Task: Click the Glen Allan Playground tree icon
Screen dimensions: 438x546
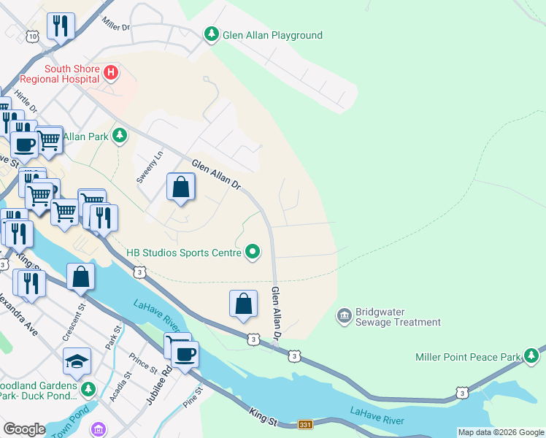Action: tap(212, 34)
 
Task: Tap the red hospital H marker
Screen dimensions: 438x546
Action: tap(111, 72)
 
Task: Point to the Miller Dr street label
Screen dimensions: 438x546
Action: tap(116, 23)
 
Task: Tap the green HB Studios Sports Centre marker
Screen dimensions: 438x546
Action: tap(253, 253)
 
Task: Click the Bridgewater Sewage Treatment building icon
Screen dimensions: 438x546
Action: tap(344, 315)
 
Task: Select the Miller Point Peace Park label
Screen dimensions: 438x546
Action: tap(468, 357)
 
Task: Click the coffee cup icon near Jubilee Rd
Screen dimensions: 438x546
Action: tap(185, 353)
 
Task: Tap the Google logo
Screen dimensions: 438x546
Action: tap(24, 429)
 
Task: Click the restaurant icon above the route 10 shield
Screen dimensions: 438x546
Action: tap(61, 26)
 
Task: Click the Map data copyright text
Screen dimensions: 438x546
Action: tap(500, 432)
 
